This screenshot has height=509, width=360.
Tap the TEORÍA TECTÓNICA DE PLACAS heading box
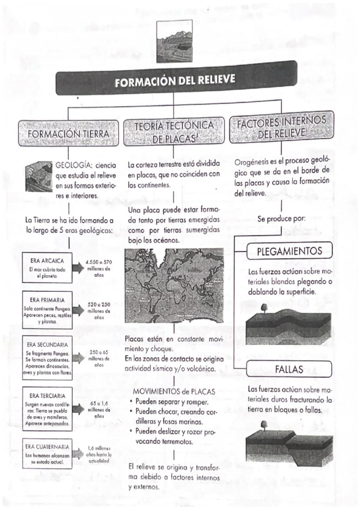[x=174, y=131]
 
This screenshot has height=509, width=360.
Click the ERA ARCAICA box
[x=47, y=268]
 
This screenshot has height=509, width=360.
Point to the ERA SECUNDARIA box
[x=47, y=358]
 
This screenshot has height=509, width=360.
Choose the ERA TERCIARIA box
[x=47, y=409]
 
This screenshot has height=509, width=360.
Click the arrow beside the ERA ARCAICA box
[x=79, y=268]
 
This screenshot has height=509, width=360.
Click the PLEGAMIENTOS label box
[x=290, y=251]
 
